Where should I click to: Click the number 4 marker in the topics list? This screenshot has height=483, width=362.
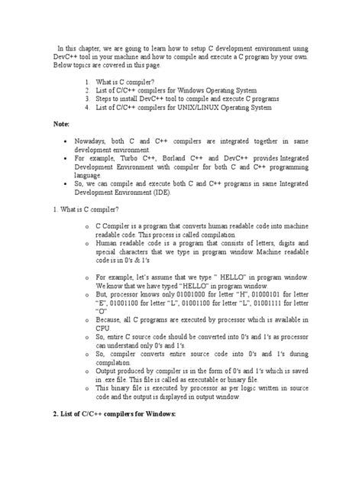(x=88, y=106)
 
